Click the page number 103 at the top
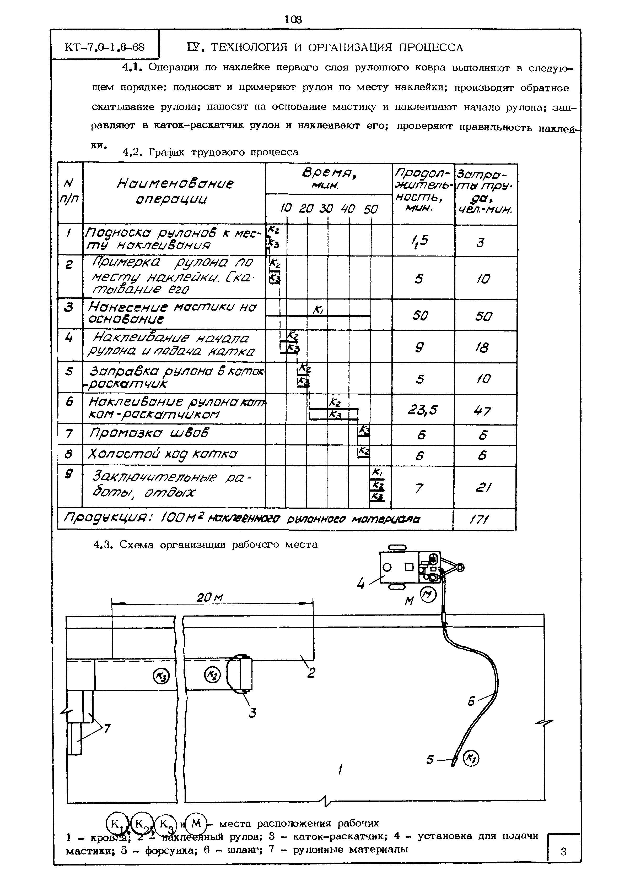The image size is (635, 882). [293, 19]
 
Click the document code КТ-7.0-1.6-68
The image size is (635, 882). [105, 47]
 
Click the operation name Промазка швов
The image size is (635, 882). [149, 433]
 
